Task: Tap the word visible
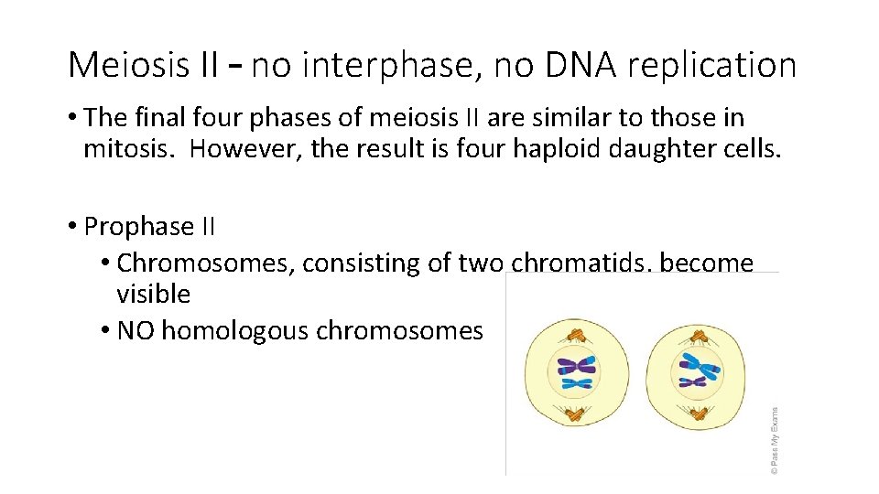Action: tap(154, 295)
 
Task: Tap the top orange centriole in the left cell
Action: tap(576, 336)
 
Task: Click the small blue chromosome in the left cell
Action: tap(578, 383)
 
